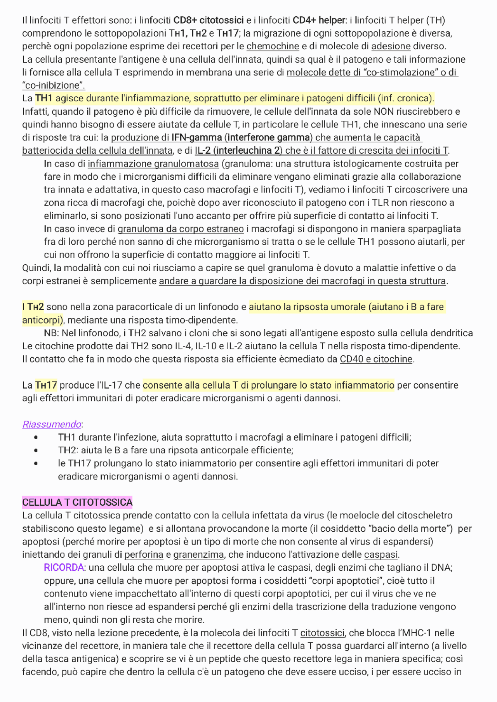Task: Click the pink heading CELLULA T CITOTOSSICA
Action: (77, 502)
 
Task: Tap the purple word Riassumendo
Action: (52, 424)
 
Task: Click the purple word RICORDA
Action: (64, 567)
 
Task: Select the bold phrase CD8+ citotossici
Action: (209, 20)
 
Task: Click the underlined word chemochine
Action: (273, 46)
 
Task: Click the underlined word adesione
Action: (391, 46)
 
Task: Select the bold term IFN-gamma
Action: (196, 137)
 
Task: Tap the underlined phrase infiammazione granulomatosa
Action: (153, 164)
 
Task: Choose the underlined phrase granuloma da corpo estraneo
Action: (181, 229)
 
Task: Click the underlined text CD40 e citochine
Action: (376, 359)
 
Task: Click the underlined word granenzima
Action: (198, 555)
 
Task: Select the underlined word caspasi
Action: (381, 555)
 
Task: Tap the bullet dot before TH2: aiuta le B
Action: (36, 451)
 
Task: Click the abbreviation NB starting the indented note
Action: (50, 333)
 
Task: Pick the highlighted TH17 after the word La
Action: (46, 385)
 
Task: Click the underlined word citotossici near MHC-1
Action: (322, 633)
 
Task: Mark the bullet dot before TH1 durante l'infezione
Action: (36, 437)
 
